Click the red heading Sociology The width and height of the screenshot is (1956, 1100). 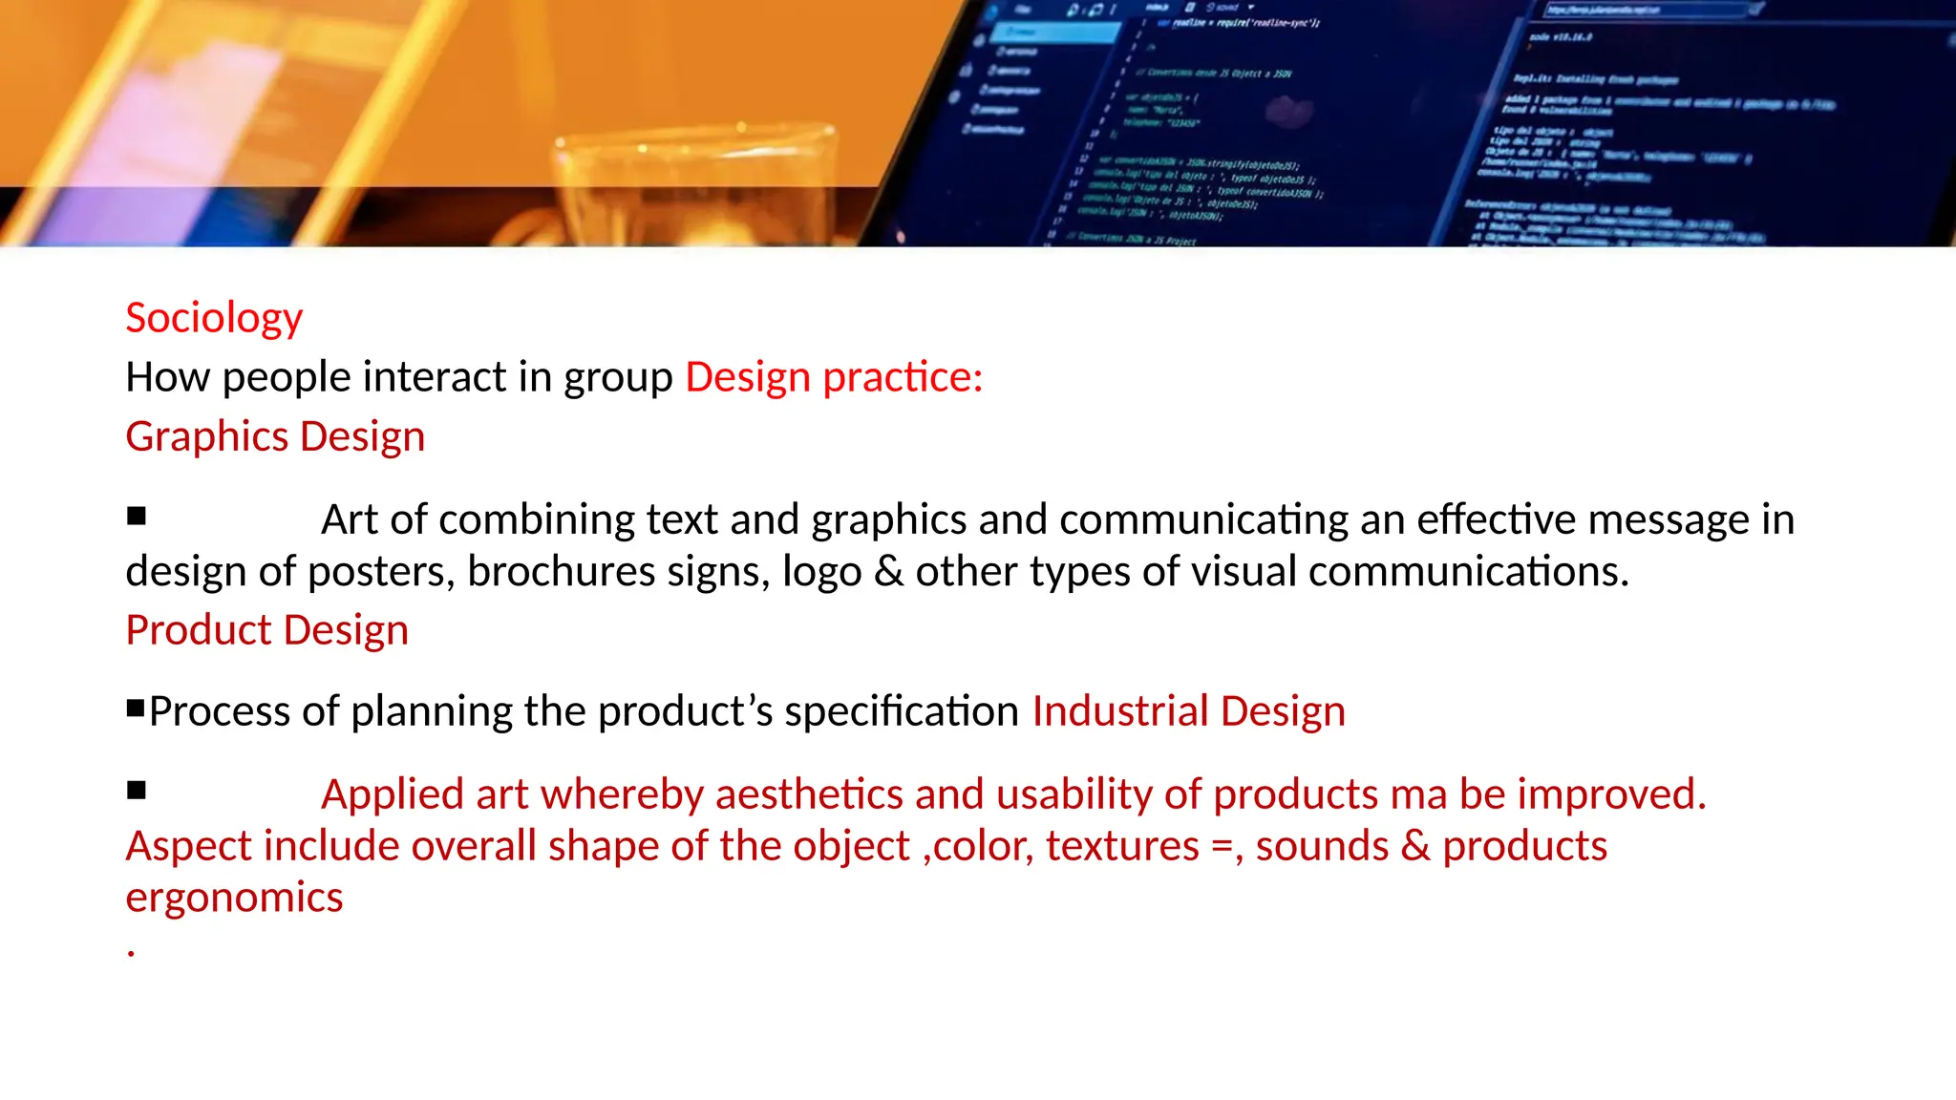(x=214, y=319)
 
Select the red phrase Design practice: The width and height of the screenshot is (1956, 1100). (x=834, y=377)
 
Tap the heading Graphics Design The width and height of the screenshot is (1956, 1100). (x=275, y=436)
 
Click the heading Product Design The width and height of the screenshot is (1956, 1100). (x=266, y=630)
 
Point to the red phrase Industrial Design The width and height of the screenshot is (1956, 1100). (x=1188, y=711)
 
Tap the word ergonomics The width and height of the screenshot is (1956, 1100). (x=234, y=898)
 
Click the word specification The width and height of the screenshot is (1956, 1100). (x=902, y=711)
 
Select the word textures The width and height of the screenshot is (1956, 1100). (x=1121, y=846)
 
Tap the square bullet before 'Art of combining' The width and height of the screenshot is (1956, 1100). (x=137, y=517)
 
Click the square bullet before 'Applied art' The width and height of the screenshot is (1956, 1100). (x=137, y=791)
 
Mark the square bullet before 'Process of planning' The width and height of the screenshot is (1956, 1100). (x=136, y=709)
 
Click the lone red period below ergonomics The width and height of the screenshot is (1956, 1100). (x=131, y=953)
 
